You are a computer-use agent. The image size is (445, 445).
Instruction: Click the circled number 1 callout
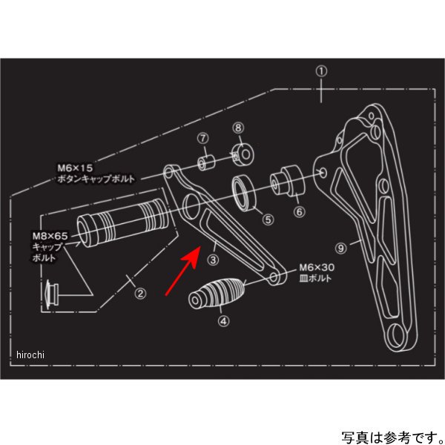pyautogui.click(x=320, y=72)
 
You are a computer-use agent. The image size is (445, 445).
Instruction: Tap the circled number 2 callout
pyautogui.click(x=139, y=292)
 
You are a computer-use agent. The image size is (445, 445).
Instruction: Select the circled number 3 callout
pyautogui.click(x=214, y=260)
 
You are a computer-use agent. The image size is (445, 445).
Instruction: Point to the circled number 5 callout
pyautogui.click(x=268, y=219)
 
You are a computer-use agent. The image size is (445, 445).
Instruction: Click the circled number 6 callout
pyautogui.click(x=299, y=211)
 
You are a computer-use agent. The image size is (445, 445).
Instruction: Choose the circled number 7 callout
pyautogui.click(x=202, y=139)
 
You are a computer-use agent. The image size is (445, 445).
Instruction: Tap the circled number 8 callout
pyautogui.click(x=238, y=128)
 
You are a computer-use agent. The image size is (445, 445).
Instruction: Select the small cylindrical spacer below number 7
pyautogui.click(x=205, y=162)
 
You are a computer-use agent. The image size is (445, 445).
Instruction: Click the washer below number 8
pyautogui.click(x=240, y=154)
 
